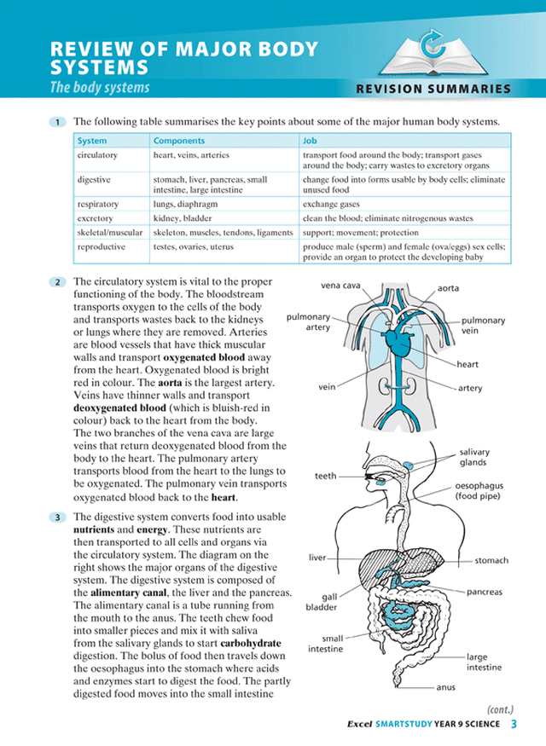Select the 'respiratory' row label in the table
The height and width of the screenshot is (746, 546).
(98, 205)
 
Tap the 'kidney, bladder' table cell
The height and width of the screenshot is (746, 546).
(182, 218)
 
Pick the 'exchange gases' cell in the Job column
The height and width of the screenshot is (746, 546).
(331, 205)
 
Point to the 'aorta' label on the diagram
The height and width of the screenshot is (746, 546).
(449, 288)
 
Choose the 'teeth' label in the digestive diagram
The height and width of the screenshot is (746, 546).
(326, 476)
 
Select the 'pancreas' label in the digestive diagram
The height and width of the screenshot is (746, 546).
(485, 592)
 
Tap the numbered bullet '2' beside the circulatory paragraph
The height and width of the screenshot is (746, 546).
(57, 282)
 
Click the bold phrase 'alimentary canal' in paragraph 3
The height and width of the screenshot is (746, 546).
(131, 593)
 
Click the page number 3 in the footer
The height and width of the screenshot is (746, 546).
(514, 725)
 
